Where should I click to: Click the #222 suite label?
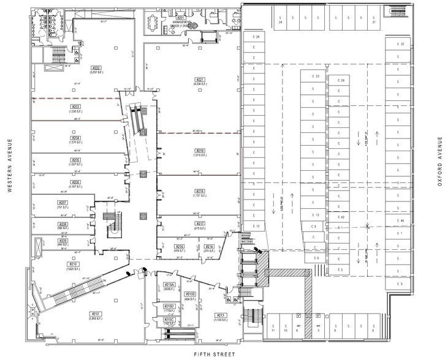[x=96, y=67]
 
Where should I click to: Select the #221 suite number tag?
[x=199, y=80]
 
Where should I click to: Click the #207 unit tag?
[x=63, y=203]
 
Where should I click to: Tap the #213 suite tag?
[x=221, y=315]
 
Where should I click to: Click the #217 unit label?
[x=200, y=224]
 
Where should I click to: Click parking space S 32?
[x=401, y=44]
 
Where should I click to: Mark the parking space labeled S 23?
[x=316, y=77]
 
